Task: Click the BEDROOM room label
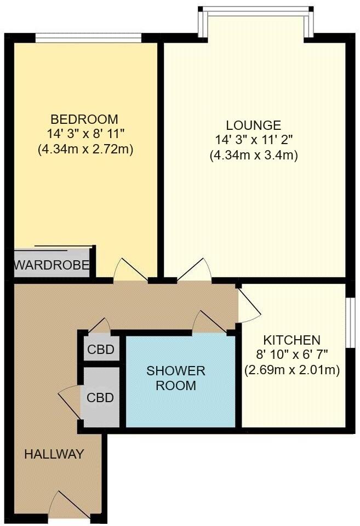coord(84,119)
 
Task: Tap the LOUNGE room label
coord(253,125)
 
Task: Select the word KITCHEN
coord(291,340)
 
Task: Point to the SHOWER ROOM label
coord(175,378)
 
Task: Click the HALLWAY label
coord(54,454)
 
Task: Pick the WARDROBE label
coord(52,266)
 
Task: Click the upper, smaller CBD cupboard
coord(101,349)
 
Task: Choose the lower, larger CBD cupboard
coord(101,397)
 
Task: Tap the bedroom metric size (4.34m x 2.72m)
coord(86,148)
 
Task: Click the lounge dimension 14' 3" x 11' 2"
coord(253,140)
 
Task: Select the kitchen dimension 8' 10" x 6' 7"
coord(292,355)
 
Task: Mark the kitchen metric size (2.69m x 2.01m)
coord(292,370)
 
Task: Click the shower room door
coord(211,322)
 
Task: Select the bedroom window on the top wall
coord(88,38)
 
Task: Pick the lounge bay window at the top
coord(256,11)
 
